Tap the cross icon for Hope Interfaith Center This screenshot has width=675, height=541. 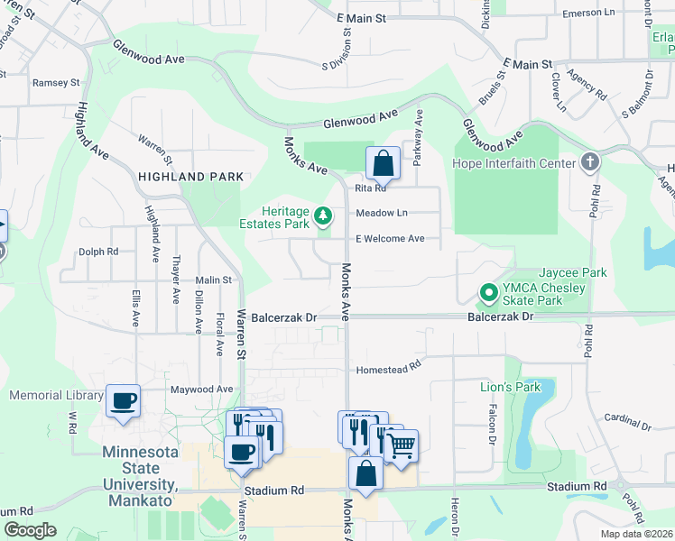coord(590,163)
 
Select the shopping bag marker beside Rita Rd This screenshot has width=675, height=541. coord(383,163)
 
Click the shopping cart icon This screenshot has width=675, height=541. coord(402,445)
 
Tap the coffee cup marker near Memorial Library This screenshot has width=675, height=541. coord(123,400)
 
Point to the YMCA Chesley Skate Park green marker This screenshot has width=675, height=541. coord(488,293)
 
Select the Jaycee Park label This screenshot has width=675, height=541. coord(572,272)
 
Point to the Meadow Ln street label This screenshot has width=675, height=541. coord(382,213)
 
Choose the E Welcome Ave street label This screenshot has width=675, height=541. coord(390,239)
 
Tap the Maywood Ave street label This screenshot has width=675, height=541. coord(202,390)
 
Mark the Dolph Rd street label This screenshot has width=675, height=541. coord(98,252)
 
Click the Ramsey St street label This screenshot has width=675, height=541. coord(56,83)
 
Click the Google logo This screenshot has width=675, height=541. coord(30,530)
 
